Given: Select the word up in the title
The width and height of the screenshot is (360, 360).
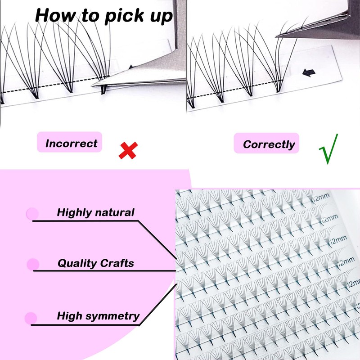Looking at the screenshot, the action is [x=159, y=16].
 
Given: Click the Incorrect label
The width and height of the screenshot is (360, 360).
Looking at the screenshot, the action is [x=71, y=144].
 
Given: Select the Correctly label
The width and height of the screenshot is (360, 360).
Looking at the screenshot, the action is [x=269, y=144].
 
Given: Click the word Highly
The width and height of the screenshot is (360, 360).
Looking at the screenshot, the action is [x=74, y=212].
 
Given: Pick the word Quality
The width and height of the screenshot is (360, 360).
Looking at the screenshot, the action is [x=75, y=263].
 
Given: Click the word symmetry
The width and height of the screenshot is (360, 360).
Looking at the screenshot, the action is [x=114, y=316].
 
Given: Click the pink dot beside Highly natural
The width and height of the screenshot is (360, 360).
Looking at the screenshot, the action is [x=32, y=214].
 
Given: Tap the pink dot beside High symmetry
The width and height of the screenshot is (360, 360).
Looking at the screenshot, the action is [x=31, y=318].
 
